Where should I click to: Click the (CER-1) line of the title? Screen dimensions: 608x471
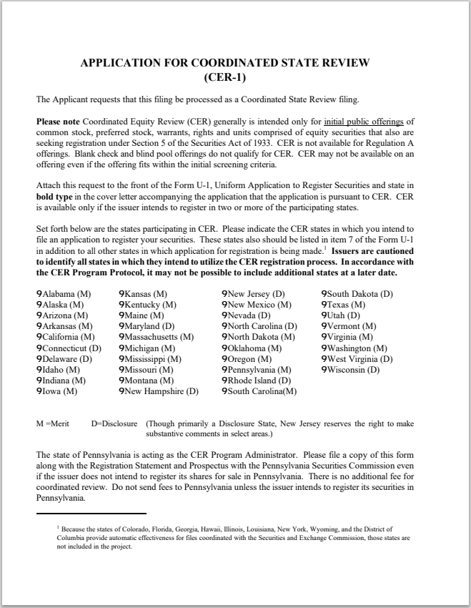[235, 77]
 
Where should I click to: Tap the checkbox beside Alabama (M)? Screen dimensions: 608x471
[39, 294]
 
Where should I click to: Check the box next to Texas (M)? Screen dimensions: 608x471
[324, 305]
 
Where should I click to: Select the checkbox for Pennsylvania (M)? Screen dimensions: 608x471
[224, 370]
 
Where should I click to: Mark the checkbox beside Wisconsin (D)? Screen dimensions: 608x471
[324, 370]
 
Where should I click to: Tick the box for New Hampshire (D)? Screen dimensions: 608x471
[122, 391]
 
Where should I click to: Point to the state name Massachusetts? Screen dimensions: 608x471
[152, 337]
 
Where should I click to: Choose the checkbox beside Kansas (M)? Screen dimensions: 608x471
[122, 294]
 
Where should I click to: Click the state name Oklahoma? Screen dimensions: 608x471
[247, 348]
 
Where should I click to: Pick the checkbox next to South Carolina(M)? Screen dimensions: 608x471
[224, 391]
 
